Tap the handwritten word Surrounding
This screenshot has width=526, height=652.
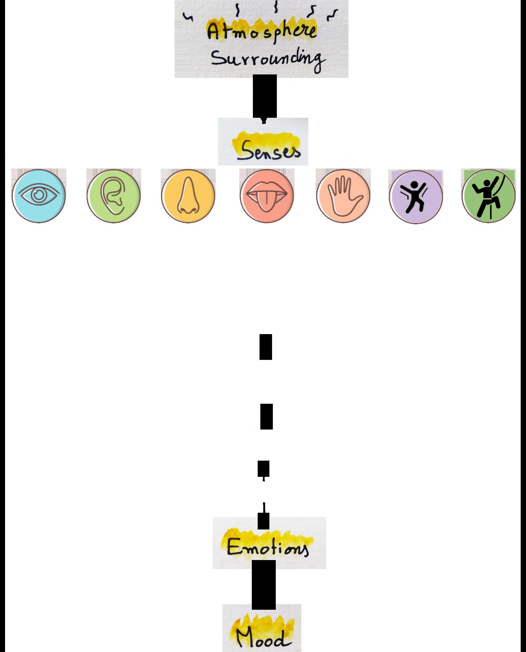[x=267, y=59]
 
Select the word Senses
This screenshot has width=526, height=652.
[x=268, y=150]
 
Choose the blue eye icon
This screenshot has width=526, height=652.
[x=39, y=195]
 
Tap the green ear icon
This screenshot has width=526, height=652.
[x=114, y=195]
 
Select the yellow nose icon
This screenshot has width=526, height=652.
[x=188, y=195]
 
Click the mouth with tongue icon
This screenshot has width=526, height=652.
[x=266, y=195]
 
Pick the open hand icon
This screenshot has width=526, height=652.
[x=343, y=195]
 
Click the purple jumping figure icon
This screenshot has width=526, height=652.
[x=416, y=197]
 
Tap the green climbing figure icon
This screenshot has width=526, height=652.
[x=488, y=195]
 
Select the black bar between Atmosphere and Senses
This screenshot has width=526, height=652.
[x=265, y=96]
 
